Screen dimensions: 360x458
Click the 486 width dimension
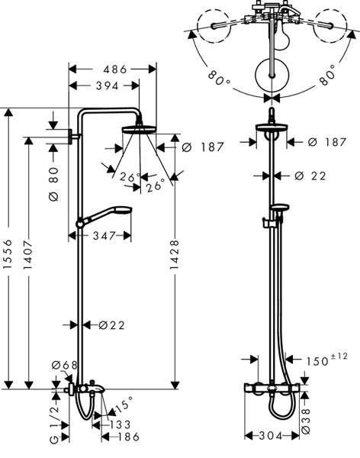[x=115, y=69]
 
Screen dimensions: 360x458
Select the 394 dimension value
[x=107, y=85]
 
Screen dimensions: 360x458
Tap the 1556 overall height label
[x=8, y=254]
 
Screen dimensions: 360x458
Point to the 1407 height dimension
[x=27, y=255]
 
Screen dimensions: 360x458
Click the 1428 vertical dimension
[x=175, y=255]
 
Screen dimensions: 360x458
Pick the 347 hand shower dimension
[x=104, y=236]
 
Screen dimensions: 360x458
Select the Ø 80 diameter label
[x=54, y=184]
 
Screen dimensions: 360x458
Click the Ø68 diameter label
[x=65, y=365]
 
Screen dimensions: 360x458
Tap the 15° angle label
[x=124, y=405]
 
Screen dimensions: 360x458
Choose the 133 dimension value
[x=119, y=424]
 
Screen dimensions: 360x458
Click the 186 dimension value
[x=128, y=437]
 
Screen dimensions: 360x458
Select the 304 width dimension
[x=271, y=436]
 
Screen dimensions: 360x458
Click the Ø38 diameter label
[x=305, y=421]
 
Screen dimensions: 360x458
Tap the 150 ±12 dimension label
[x=326, y=360]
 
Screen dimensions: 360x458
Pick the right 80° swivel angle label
[x=328, y=75]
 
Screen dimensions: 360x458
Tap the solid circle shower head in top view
[x=272, y=75]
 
